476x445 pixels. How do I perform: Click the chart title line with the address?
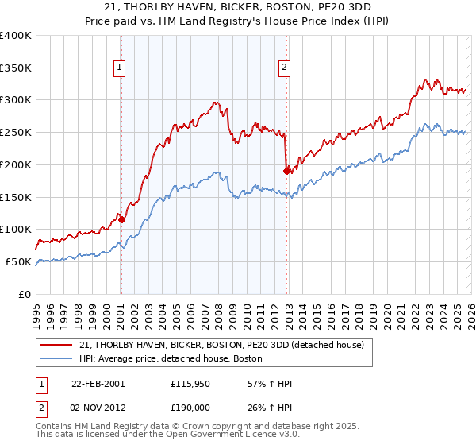click(237, 7)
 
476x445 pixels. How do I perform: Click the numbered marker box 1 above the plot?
click(119, 68)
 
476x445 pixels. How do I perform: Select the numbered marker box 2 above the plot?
click(284, 68)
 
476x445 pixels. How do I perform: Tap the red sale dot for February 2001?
click(121, 219)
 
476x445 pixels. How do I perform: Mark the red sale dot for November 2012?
click(286, 170)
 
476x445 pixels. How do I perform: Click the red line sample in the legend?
click(56, 346)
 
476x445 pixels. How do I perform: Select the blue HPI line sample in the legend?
click(56, 359)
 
